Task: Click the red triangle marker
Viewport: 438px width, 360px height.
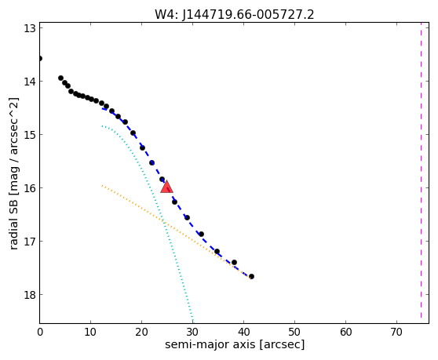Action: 166,187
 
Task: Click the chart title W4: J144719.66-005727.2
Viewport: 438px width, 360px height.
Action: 235,15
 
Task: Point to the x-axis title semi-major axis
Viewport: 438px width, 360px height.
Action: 210,344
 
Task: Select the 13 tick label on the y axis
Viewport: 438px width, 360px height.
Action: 30,28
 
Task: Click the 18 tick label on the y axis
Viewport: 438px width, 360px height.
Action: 30,294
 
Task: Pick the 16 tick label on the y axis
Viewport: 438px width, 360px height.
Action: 30,187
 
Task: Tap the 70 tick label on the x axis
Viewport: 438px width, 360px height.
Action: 396,332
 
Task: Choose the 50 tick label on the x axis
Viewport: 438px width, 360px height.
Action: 294,332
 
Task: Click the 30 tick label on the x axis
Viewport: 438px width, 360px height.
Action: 192,332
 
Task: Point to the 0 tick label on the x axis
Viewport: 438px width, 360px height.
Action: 40,332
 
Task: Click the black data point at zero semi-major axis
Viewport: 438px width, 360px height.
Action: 40,58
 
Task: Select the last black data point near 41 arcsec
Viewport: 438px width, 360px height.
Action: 251,277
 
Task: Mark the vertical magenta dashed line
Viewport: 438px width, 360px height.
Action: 421,170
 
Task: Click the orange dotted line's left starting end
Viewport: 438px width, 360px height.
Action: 102,185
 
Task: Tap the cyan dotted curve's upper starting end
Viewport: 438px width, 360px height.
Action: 103,126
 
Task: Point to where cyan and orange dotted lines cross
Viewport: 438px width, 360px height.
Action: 164,223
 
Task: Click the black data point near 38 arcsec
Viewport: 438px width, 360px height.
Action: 235,262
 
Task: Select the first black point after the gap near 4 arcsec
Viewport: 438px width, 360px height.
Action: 61,78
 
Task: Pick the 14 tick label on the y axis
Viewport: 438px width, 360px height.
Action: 30,82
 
